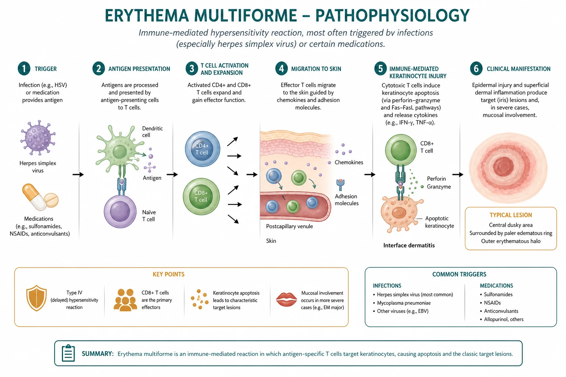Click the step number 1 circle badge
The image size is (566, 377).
click(x=24, y=68)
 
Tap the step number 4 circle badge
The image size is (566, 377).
click(x=282, y=68)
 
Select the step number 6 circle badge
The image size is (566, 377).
click(x=476, y=68)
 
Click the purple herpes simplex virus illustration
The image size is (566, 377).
click(x=38, y=138)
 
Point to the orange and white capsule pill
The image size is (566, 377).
click(x=34, y=197)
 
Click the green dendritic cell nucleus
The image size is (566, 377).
click(x=119, y=152)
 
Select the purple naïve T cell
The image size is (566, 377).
click(x=120, y=211)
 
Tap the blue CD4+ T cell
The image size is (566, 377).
click(x=202, y=149)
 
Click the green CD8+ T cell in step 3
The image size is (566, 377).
click(x=201, y=197)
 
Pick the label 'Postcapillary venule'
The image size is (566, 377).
click(x=289, y=226)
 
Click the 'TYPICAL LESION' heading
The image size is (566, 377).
click(x=511, y=215)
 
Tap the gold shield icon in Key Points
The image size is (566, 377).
click(x=36, y=298)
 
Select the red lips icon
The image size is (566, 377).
click(x=286, y=299)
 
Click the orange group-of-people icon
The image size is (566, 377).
click(x=125, y=300)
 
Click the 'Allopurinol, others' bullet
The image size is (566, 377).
click(x=502, y=319)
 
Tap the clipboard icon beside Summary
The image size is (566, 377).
click(x=68, y=353)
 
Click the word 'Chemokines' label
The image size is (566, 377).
click(x=349, y=162)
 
